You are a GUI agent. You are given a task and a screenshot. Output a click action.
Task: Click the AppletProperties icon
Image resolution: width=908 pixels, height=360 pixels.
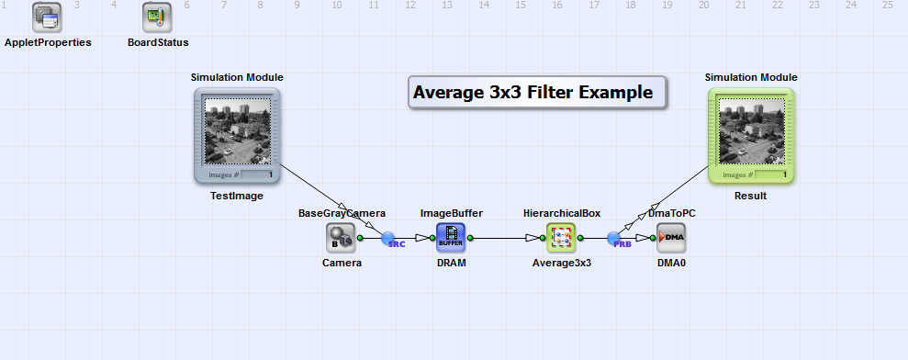coord(47,17)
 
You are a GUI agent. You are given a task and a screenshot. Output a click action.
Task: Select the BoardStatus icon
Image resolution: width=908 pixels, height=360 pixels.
coord(158,17)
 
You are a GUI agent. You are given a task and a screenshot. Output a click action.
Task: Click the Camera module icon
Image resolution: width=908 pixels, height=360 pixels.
coord(341,238)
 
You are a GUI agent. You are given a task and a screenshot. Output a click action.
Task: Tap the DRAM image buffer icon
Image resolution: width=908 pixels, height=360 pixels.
coord(451,238)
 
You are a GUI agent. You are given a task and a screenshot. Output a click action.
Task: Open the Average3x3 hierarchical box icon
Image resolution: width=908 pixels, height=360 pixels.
coord(561,238)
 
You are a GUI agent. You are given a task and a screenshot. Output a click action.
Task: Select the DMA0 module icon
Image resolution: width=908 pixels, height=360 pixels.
coord(671,238)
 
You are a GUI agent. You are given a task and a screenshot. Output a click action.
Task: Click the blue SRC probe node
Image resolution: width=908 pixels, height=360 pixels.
coord(388,238)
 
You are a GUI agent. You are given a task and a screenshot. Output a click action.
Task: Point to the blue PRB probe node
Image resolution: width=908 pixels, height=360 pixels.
coord(614,238)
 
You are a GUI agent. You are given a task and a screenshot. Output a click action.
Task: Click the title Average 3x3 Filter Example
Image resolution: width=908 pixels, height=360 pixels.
coord(532,92)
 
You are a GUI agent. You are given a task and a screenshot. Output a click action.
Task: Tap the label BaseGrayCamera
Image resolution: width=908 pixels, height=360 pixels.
coord(342,213)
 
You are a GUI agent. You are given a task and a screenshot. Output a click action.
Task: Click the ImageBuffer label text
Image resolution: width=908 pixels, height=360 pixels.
coord(452,213)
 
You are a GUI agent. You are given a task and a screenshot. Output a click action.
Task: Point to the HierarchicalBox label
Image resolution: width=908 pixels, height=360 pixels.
coord(562,213)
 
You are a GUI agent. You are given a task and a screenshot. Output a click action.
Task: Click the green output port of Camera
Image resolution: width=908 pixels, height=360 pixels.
coord(360,238)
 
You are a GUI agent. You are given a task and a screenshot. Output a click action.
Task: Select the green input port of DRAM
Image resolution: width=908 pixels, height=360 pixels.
coord(432,238)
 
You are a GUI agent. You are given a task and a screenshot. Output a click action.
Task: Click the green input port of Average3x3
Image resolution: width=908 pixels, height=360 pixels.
coord(543,238)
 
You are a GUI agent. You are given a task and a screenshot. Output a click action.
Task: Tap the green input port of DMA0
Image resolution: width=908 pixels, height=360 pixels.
coord(653,238)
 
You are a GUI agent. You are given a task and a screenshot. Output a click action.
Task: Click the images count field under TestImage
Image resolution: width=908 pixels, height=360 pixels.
coord(257,174)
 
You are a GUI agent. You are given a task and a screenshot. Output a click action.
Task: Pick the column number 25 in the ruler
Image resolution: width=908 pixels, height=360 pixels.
coord(888,6)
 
